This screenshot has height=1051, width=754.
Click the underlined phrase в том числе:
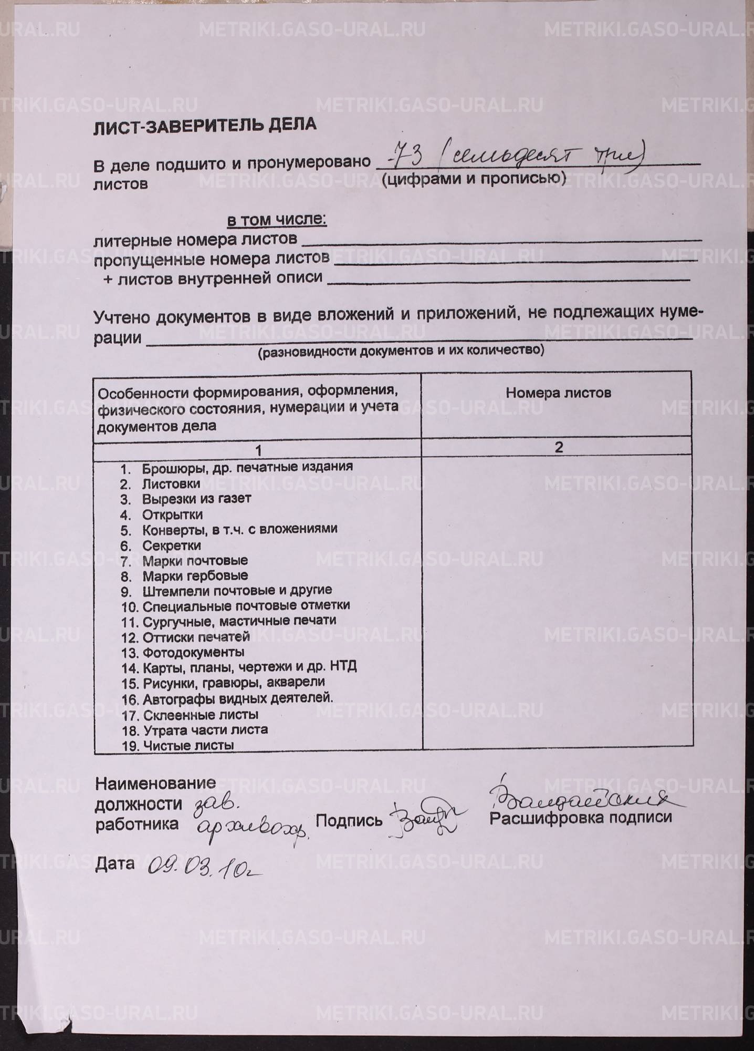point(277,220)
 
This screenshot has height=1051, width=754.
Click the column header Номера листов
point(558,393)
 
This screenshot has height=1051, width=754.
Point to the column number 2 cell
point(558,447)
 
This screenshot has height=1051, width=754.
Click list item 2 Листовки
point(171,483)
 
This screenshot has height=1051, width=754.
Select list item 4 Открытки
point(172,514)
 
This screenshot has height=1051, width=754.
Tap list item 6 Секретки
point(171,545)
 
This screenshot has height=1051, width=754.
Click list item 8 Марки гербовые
point(194,575)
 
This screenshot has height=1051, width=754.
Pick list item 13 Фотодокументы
point(193,652)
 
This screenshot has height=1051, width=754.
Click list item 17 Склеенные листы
point(200,715)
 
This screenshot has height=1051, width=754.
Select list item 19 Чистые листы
point(188,745)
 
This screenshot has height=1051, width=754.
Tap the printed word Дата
point(114,863)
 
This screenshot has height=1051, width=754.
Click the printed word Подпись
point(349,820)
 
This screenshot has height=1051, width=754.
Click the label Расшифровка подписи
point(580,817)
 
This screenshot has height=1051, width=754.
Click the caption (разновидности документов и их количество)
point(401,351)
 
